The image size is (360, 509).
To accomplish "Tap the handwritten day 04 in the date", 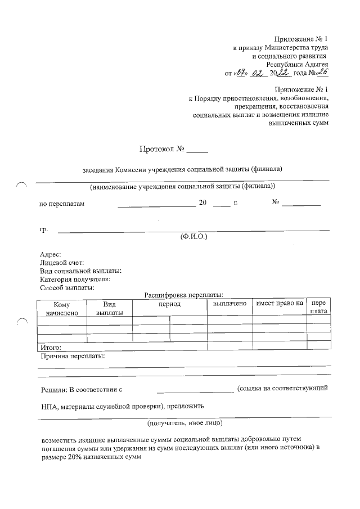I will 242,72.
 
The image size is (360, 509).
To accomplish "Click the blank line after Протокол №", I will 197,150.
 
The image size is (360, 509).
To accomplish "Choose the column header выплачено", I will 229,304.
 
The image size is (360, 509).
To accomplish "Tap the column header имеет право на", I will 279,304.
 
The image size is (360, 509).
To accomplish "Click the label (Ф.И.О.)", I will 193,237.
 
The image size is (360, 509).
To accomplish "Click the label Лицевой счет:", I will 62,263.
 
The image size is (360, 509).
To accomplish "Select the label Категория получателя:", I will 75,279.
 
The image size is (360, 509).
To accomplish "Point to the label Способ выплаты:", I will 67,287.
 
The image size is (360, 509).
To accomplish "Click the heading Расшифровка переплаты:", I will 184,294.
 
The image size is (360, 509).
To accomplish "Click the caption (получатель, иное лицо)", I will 185,422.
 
